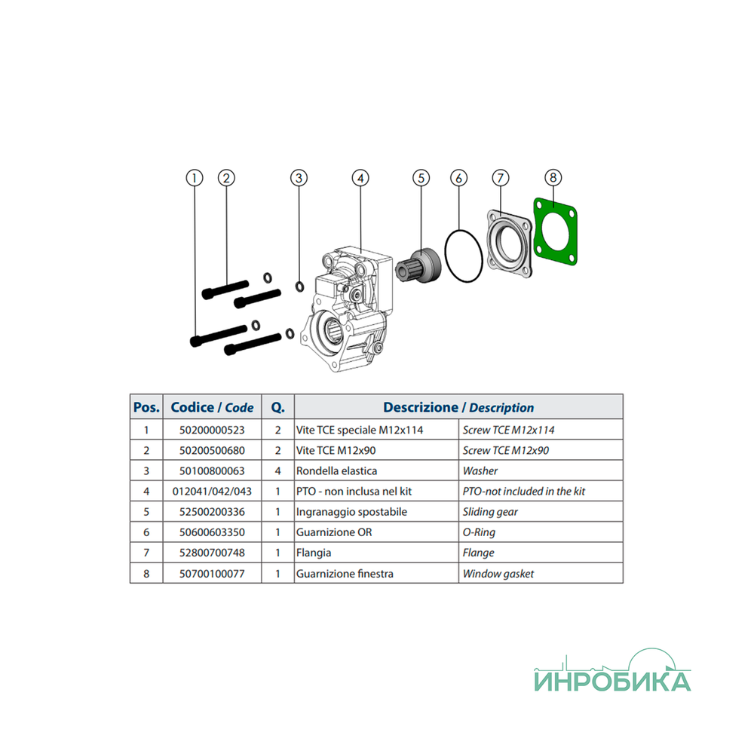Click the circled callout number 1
click(x=195, y=178)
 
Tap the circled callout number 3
click(x=299, y=178)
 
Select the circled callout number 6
click(x=458, y=178)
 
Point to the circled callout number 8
click(x=553, y=177)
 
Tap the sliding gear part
click(x=418, y=266)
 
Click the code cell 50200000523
click(x=212, y=430)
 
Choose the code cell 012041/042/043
click(x=212, y=492)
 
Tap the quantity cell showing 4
click(x=277, y=470)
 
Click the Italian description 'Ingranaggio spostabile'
click(x=351, y=512)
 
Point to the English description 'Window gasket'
click(x=498, y=574)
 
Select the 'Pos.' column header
click(x=146, y=407)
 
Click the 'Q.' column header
click(x=278, y=408)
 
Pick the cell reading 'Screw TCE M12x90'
click(x=506, y=451)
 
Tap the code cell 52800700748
click(x=212, y=553)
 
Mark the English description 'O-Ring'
click(x=479, y=532)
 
